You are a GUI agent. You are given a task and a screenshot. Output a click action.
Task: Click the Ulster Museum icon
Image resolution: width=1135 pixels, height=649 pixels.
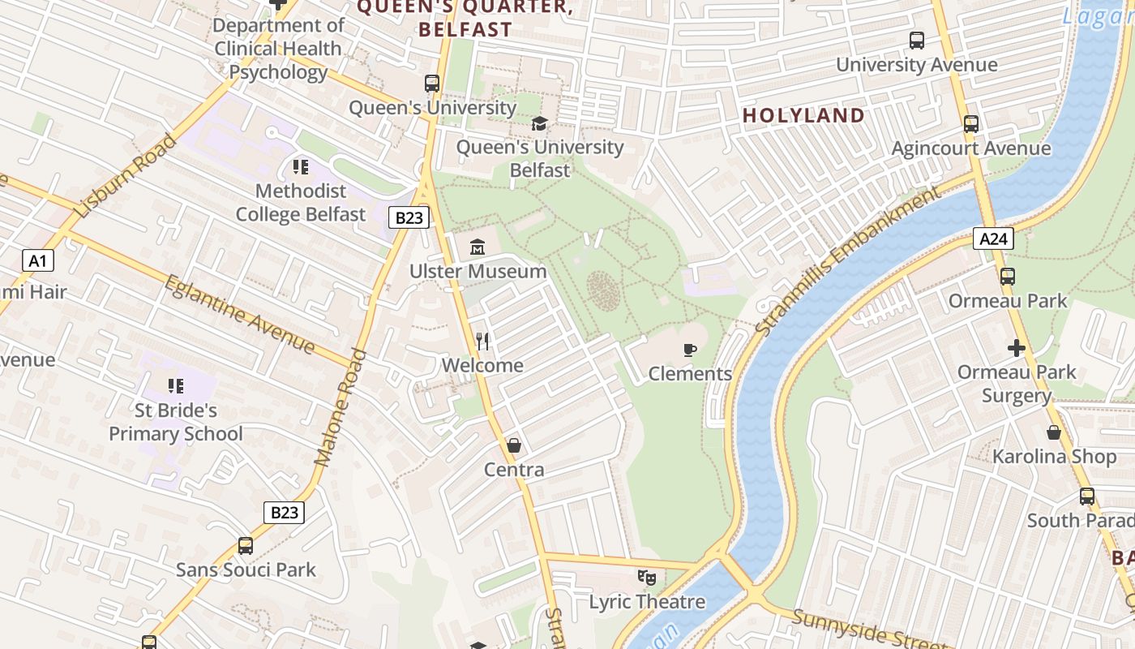477,247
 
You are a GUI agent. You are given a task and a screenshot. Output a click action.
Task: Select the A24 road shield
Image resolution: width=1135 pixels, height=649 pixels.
993,239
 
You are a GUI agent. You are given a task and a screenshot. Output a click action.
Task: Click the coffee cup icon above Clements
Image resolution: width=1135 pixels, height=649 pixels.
689,350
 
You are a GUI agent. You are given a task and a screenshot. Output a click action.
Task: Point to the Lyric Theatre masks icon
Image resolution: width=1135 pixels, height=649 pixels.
646,578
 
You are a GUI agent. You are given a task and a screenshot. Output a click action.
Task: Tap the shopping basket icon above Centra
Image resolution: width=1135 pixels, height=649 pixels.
513,445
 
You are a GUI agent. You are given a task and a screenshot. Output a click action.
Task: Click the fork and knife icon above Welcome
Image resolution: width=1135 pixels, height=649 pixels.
482,342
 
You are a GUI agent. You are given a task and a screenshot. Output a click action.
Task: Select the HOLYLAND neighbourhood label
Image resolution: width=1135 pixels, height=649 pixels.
803,115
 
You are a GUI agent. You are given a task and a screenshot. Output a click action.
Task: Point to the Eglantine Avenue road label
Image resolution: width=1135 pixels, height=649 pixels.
239,315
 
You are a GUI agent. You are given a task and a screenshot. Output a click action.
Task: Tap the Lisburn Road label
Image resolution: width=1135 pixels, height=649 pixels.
125,176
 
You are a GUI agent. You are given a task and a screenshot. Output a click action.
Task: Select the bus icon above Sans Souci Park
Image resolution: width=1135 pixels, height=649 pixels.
246,546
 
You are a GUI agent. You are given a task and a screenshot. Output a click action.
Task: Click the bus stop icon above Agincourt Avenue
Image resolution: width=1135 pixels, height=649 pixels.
970,124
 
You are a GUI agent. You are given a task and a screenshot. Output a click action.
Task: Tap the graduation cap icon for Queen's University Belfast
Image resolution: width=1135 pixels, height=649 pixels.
539,123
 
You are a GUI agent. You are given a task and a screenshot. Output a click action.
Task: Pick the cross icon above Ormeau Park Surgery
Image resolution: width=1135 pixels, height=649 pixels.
1016,348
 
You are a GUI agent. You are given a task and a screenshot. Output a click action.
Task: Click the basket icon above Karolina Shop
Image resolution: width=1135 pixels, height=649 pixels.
1054,432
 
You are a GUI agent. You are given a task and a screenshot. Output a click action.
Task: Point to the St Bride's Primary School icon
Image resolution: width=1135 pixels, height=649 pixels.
176,386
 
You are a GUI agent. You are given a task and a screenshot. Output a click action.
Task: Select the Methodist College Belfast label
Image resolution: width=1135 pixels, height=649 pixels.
301,203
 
